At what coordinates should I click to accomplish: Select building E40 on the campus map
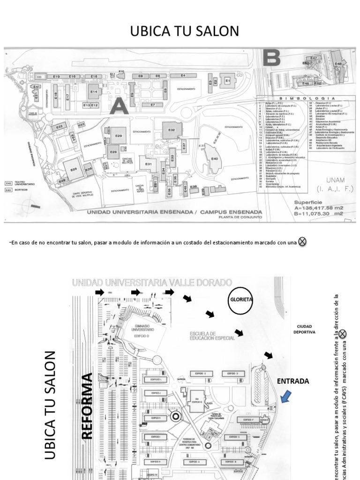[x=215, y=158]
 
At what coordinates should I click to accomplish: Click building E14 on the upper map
[x=93, y=92]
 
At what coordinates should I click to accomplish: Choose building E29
[x=118, y=135]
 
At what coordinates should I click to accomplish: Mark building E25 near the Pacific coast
[x=74, y=169]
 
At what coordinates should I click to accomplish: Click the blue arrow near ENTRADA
[x=285, y=398]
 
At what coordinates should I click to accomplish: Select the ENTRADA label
[x=293, y=381]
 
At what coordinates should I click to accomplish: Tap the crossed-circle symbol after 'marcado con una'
[x=303, y=241]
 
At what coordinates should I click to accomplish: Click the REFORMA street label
[x=87, y=406]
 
